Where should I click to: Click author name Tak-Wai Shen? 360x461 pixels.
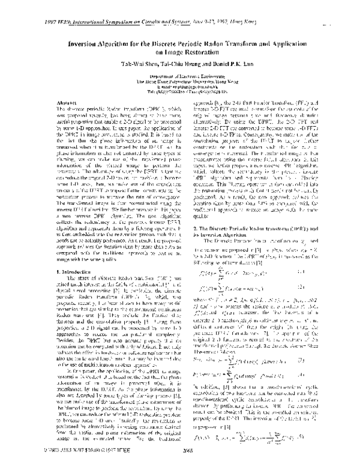(x=128, y=64)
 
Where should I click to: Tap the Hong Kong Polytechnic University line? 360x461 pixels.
(x=179, y=82)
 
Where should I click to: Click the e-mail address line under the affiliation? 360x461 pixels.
(x=179, y=87)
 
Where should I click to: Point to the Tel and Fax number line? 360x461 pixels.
(x=179, y=92)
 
